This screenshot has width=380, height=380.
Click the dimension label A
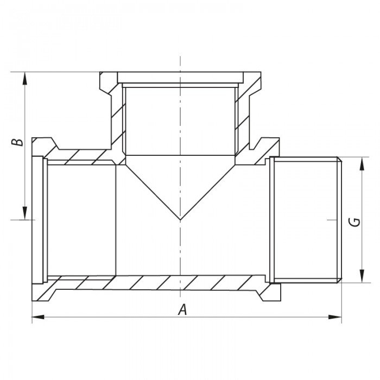(x=183, y=310)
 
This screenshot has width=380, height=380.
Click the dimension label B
(x=18, y=142)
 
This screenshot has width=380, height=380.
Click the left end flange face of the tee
(x=38, y=220)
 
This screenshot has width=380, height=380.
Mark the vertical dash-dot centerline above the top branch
(x=180, y=62)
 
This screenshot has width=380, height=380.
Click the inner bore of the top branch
(x=180, y=119)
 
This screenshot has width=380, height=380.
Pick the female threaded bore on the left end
(x=81, y=220)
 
